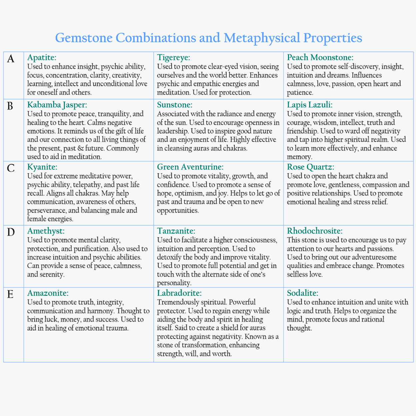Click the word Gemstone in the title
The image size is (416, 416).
(x=84, y=38)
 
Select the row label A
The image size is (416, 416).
(x=11, y=59)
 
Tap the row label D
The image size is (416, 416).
(x=11, y=232)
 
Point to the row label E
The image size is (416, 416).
(x=10, y=294)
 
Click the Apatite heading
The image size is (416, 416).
(x=42, y=58)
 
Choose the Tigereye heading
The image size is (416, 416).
(x=173, y=58)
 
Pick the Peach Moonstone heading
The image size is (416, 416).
(x=320, y=58)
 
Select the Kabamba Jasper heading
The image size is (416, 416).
(x=57, y=105)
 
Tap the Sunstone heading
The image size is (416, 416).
(x=175, y=105)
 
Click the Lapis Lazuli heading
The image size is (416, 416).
(x=310, y=105)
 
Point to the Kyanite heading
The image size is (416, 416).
(x=42, y=167)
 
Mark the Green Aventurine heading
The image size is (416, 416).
(x=190, y=167)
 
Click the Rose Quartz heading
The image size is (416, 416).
(x=310, y=167)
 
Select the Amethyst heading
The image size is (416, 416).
(x=46, y=231)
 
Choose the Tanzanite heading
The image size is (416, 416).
(x=176, y=231)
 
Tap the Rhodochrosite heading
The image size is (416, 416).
(x=315, y=231)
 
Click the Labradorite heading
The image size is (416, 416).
(x=179, y=293)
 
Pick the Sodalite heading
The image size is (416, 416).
(x=302, y=293)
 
